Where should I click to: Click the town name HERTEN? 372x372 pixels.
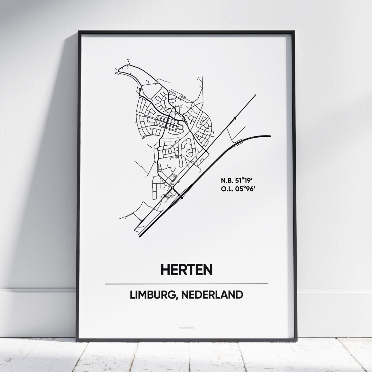187,269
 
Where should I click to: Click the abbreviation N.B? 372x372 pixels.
227,180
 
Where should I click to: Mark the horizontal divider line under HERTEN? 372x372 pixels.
186,284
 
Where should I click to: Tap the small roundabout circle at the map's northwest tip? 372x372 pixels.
116,73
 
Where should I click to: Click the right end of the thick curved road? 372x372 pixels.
270,136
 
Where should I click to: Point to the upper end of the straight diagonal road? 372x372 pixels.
256,95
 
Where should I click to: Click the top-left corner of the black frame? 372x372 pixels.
79,31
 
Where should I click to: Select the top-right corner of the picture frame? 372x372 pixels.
293,31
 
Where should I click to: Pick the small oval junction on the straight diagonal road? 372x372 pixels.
235,118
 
